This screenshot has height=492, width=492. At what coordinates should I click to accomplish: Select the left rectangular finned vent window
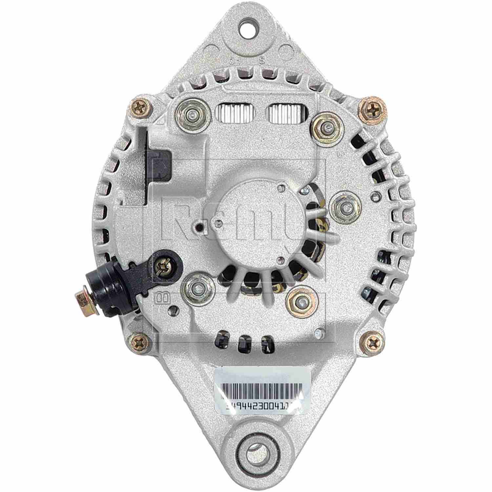click(x=235, y=112)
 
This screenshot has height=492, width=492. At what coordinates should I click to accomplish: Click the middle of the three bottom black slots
click(x=243, y=343)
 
